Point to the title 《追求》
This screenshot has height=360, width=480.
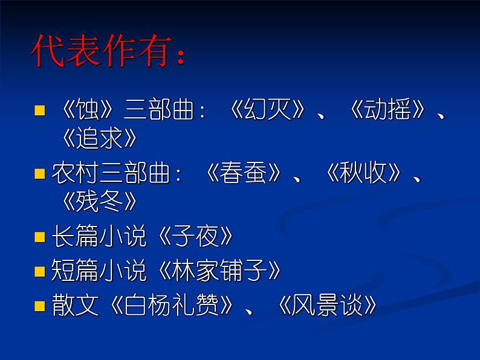[100, 139]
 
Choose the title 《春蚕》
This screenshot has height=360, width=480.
[243, 175]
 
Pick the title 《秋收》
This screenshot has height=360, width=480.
[362, 175]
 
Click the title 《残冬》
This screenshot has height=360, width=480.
[100, 202]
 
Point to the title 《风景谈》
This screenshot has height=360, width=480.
[327, 306]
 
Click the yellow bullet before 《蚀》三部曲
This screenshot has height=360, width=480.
[40, 111]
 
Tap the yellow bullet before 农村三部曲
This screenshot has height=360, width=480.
[40, 175]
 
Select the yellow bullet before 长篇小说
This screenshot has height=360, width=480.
[40, 237]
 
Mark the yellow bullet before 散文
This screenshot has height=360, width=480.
[40, 306]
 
